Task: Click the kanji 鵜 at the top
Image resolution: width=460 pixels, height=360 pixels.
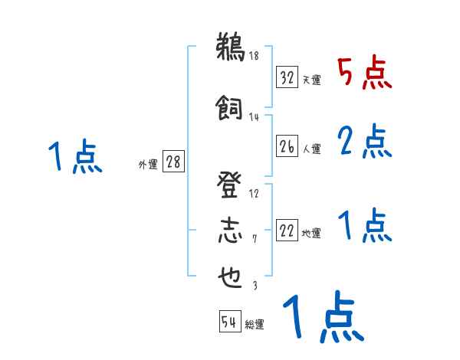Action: tap(229, 48)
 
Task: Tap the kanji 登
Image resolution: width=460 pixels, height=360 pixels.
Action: tap(229, 183)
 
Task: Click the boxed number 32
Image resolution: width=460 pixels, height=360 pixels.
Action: tap(287, 78)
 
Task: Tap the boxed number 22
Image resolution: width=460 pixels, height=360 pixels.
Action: tap(287, 231)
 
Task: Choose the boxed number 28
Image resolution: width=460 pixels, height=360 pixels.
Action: tap(172, 162)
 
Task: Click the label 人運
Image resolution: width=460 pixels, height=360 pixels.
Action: tap(311, 149)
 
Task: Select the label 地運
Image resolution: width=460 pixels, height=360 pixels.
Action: tap(311, 234)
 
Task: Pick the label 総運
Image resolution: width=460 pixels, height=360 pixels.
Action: tap(255, 325)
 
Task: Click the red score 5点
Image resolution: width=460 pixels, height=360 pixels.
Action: tap(365, 74)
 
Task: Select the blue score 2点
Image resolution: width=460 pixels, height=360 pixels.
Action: tap(365, 142)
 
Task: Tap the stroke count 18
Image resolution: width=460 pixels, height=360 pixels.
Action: tap(254, 55)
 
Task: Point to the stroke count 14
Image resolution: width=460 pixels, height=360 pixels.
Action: tap(254, 117)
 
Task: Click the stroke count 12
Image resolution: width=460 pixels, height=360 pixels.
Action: tap(254, 193)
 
